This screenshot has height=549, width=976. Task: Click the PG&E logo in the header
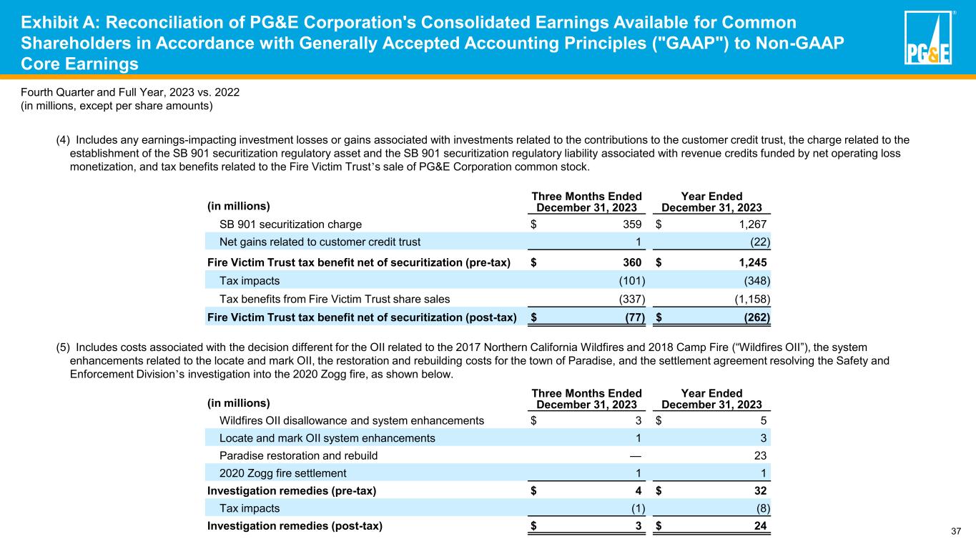tap(928, 39)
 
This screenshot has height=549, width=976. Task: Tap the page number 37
tap(956, 530)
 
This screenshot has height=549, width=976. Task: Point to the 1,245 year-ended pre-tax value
tap(751, 262)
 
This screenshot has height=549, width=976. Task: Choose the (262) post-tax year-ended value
tap(757, 317)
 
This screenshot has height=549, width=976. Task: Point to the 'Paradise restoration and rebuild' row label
tap(298, 455)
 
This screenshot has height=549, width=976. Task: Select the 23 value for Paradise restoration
tap(763, 455)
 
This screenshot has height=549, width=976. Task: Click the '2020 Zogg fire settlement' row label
tap(282, 473)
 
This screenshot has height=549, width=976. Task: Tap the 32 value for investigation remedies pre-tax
tap(762, 490)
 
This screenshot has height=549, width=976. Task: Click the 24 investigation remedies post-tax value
tap(762, 527)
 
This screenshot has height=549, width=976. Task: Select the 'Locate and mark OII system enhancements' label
tap(327, 437)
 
